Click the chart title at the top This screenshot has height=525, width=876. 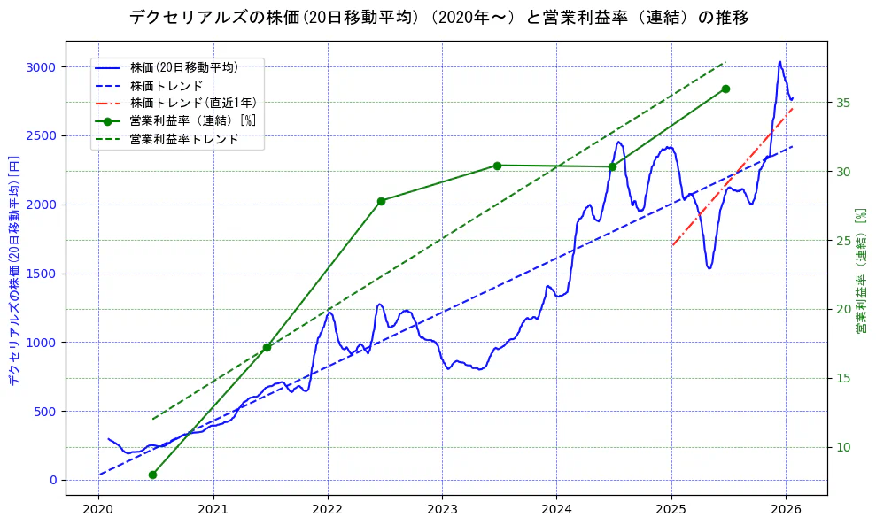(438, 17)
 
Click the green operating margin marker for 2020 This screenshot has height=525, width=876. (152, 475)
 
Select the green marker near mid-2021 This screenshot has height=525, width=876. (267, 347)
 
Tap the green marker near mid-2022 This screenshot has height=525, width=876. (381, 201)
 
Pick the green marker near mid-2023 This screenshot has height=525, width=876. (497, 166)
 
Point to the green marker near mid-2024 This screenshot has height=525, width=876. (612, 166)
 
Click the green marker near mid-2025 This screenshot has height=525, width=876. (725, 89)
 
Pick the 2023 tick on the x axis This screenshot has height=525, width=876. (442, 509)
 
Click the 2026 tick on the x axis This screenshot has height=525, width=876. (787, 509)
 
